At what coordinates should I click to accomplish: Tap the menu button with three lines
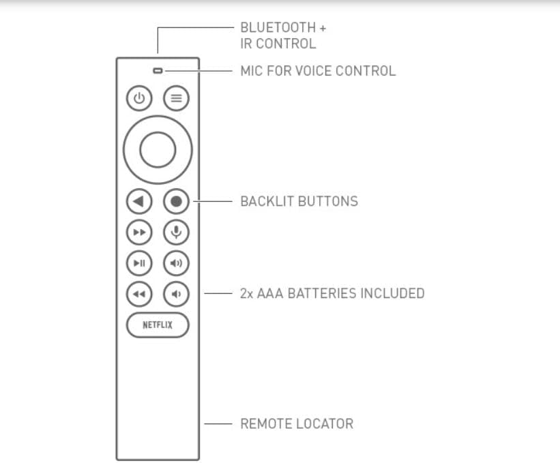point(176,98)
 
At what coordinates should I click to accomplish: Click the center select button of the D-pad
point(158,149)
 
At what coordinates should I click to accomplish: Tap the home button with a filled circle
point(176,201)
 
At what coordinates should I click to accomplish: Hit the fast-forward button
point(139,233)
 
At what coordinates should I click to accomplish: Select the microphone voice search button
point(176,233)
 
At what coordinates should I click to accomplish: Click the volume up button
point(176,263)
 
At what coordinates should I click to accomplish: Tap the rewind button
point(139,294)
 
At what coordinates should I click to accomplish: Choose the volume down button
point(176,294)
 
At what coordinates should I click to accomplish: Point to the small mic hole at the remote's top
point(158,71)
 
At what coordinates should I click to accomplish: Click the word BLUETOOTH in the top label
point(278,27)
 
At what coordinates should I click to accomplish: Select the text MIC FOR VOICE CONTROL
point(318,71)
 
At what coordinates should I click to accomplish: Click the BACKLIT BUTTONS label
point(299,201)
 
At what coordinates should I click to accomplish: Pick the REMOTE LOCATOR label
point(297,423)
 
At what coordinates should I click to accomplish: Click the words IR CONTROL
point(278,44)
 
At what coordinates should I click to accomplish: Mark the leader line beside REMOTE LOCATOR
point(218,424)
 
